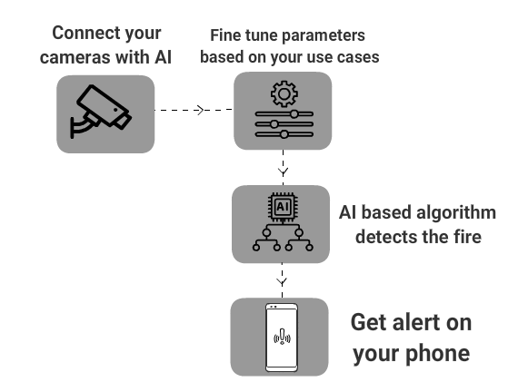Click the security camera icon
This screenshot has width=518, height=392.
coord(101,112)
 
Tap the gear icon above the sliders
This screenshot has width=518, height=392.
coord(284,94)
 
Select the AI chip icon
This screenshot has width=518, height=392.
coord(283,207)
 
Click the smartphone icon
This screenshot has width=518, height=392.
coord(282,338)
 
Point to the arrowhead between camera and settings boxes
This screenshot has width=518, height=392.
coord(200,110)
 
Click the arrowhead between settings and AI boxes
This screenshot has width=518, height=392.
coord(284,171)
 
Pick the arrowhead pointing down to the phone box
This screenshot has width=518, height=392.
coord(282,282)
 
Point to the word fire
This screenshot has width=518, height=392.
coord(468,236)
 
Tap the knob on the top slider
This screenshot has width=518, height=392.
coord(294,114)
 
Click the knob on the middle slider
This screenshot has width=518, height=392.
coord(274,124)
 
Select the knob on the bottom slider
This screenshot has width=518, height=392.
coord(284,134)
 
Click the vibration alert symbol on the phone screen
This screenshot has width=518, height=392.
coord(282,337)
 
